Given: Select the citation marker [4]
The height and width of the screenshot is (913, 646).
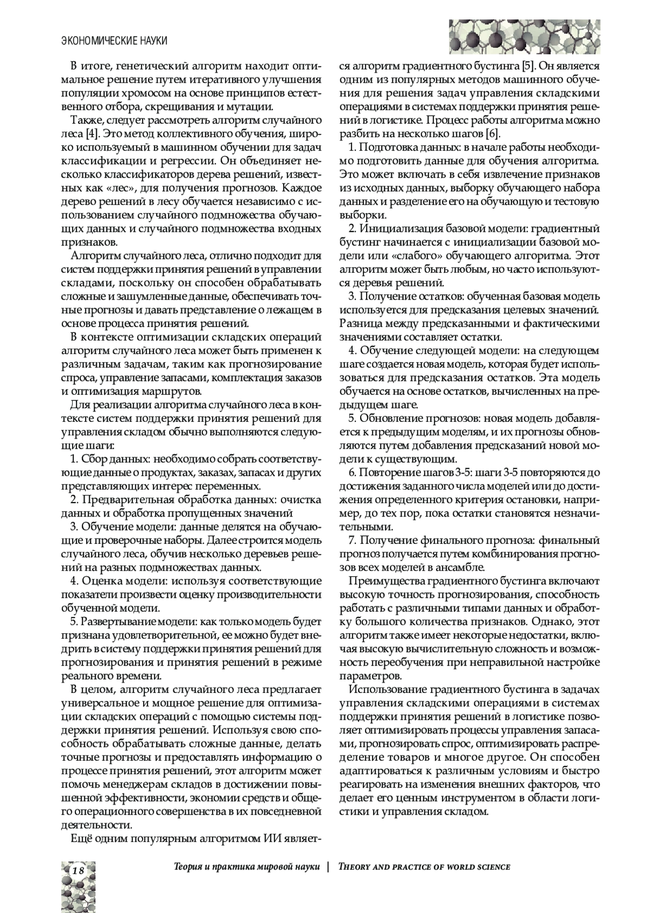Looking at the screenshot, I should [92, 132].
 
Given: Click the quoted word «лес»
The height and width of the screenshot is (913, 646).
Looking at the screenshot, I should [127, 188].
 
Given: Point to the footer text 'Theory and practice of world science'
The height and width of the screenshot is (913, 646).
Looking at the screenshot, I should [424, 867].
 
